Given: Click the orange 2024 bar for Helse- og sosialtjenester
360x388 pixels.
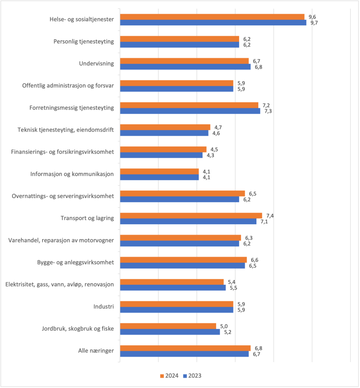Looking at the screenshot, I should [x=212, y=17].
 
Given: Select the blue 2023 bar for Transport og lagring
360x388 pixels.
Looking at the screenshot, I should [x=188, y=221].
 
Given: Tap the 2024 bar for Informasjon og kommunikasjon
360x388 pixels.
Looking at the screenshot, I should [x=159, y=172].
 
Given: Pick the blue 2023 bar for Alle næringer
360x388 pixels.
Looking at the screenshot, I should [x=185, y=354].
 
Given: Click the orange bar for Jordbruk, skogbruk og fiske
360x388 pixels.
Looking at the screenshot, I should [x=168, y=326].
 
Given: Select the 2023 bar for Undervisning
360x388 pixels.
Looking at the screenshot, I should [x=186, y=67].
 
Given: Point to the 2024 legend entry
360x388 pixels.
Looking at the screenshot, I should [x=169, y=376].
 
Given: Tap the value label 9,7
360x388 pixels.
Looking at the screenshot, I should [x=315, y=23].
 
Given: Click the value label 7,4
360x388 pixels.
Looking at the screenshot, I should [x=270, y=216].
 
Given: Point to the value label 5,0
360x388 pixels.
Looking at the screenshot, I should [x=224, y=326].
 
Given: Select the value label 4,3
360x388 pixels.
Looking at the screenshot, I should [x=210, y=155].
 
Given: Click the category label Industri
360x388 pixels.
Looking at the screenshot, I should [x=104, y=307].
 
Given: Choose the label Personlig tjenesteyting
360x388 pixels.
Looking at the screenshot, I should [x=84, y=41].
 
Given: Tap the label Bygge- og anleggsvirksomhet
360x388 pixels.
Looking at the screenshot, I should [x=75, y=263].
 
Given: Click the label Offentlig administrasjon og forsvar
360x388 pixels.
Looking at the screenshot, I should [x=68, y=85].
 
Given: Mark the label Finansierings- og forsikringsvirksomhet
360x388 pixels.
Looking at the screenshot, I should [x=63, y=152].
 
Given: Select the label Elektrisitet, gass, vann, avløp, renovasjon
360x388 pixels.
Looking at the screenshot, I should [x=60, y=285].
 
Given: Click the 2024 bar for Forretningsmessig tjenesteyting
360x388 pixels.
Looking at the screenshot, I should [x=189, y=105].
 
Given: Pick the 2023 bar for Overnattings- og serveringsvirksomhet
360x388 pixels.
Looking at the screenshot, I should [x=180, y=199].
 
